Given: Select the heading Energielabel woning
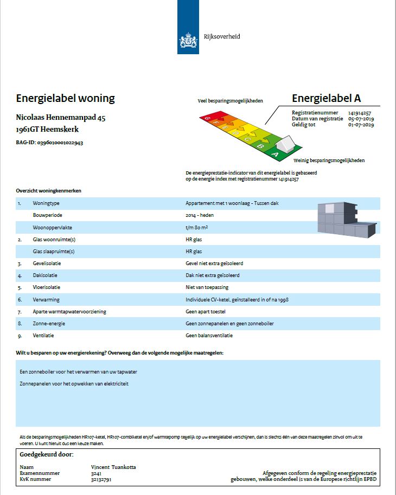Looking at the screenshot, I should [65, 99].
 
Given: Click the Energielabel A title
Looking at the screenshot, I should [326, 98].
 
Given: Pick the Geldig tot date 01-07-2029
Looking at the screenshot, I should [361, 124].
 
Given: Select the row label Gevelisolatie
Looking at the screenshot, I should [47, 263].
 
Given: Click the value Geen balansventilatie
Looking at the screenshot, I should [209, 336].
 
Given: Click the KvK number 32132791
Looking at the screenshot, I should [101, 479].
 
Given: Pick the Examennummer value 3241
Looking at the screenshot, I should [95, 473].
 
